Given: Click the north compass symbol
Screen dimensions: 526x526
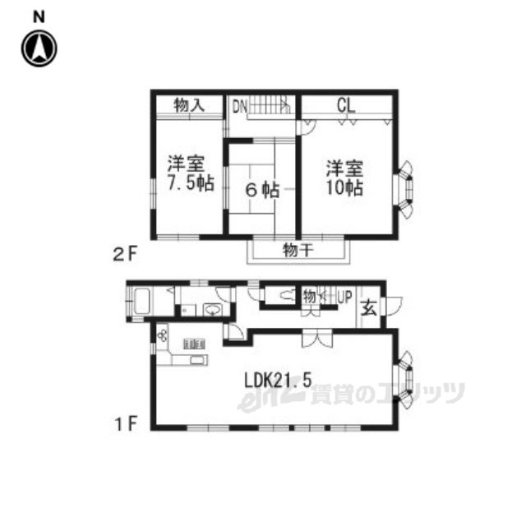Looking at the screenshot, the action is (39, 48).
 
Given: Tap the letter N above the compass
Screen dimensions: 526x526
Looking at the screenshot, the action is (39, 16).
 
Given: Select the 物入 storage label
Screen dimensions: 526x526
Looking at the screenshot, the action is (189, 106).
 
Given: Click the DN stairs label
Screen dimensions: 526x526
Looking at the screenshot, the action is (240, 107).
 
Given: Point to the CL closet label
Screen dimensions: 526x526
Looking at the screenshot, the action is (346, 106).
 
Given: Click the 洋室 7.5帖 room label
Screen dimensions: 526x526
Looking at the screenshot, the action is (190, 173).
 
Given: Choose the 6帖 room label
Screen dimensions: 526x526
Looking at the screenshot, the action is (263, 190).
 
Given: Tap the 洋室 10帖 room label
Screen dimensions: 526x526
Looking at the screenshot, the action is (344, 178).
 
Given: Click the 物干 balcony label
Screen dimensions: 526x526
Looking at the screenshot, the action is (298, 250).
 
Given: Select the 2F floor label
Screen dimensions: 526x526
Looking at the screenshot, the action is (126, 255).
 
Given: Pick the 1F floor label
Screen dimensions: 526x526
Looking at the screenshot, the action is (126, 424).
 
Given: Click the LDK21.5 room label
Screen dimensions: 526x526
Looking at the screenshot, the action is (278, 381).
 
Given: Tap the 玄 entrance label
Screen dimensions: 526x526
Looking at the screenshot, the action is (369, 307).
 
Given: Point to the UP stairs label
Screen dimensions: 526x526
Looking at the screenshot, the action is (344, 297).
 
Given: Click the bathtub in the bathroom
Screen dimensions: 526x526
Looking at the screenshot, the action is (141, 301).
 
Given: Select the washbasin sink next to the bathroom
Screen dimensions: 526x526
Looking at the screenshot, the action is (212, 309).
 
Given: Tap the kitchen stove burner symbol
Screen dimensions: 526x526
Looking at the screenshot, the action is (163, 335).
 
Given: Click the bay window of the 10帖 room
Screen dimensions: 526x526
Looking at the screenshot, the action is (405, 190).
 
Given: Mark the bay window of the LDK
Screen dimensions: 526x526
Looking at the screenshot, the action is (405, 380).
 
